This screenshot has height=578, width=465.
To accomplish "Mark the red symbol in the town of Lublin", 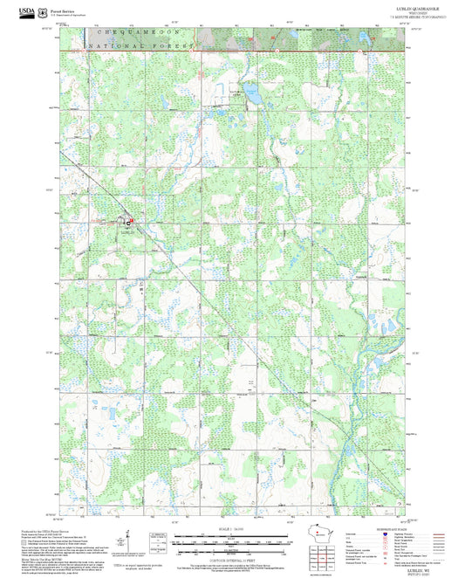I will pyautogui.click(x=132, y=224).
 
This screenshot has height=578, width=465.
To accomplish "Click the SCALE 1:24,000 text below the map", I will pyautogui.click(x=232, y=530).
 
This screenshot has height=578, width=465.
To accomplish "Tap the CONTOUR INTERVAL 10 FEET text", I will pyautogui.click(x=232, y=555).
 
